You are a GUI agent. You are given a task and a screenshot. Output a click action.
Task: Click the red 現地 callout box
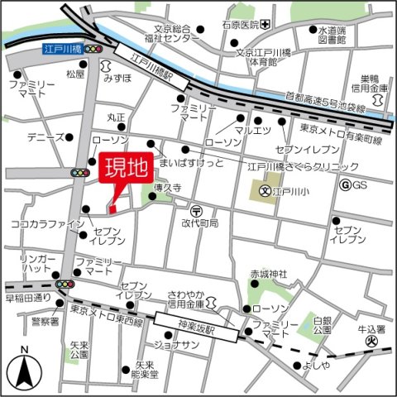coord(125,168)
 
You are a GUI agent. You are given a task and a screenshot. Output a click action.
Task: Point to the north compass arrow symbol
coord(24,369)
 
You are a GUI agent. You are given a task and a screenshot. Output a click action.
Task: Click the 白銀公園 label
coord(323,323)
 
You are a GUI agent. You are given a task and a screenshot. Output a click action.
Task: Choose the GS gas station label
coord(358,184)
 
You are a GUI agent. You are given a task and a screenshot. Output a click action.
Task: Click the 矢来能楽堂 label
coord(146,369)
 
